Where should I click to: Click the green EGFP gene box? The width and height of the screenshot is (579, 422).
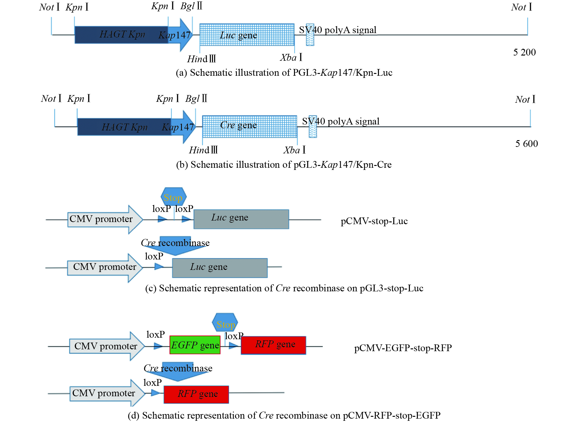[195, 345]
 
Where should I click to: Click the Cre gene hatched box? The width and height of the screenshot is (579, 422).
[249, 126]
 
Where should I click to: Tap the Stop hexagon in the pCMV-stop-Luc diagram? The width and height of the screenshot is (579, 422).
[173, 196]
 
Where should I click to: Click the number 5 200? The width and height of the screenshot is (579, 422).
[524, 52]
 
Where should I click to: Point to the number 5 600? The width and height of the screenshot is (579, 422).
[526, 144]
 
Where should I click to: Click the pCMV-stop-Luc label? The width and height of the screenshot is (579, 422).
[374, 221]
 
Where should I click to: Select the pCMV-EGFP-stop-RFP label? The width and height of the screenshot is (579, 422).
[403, 348]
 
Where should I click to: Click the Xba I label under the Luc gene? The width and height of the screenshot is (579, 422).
[291, 58]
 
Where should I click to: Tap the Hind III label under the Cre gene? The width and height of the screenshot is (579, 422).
[203, 150]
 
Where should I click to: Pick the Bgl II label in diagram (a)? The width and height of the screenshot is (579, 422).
[191, 6]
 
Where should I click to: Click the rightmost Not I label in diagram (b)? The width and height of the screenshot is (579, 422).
[525, 99]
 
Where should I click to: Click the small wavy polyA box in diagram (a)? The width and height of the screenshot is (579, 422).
[310, 35]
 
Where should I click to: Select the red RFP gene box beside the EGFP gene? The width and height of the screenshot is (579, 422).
[273, 345]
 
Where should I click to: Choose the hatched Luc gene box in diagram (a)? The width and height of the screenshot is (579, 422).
[247, 35]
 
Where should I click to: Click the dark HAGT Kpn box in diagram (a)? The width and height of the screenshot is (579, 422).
[121, 35]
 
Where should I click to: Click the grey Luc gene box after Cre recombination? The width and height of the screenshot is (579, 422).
[220, 268]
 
